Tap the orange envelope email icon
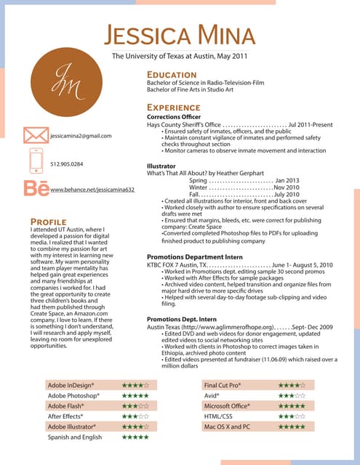pyautogui.click(x=35, y=135)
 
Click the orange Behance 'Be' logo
pyautogui.click(x=34, y=187)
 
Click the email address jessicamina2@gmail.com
pyautogui.click(x=81, y=136)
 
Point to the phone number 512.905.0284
pyautogui.click(x=67, y=164)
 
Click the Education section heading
pyautogui.click(x=175, y=74)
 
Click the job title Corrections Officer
pyautogui.click(x=174, y=117)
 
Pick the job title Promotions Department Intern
pyautogui.click(x=194, y=256)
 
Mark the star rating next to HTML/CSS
pyautogui.click(x=292, y=416)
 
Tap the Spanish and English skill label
pyautogui.click(x=75, y=437)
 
